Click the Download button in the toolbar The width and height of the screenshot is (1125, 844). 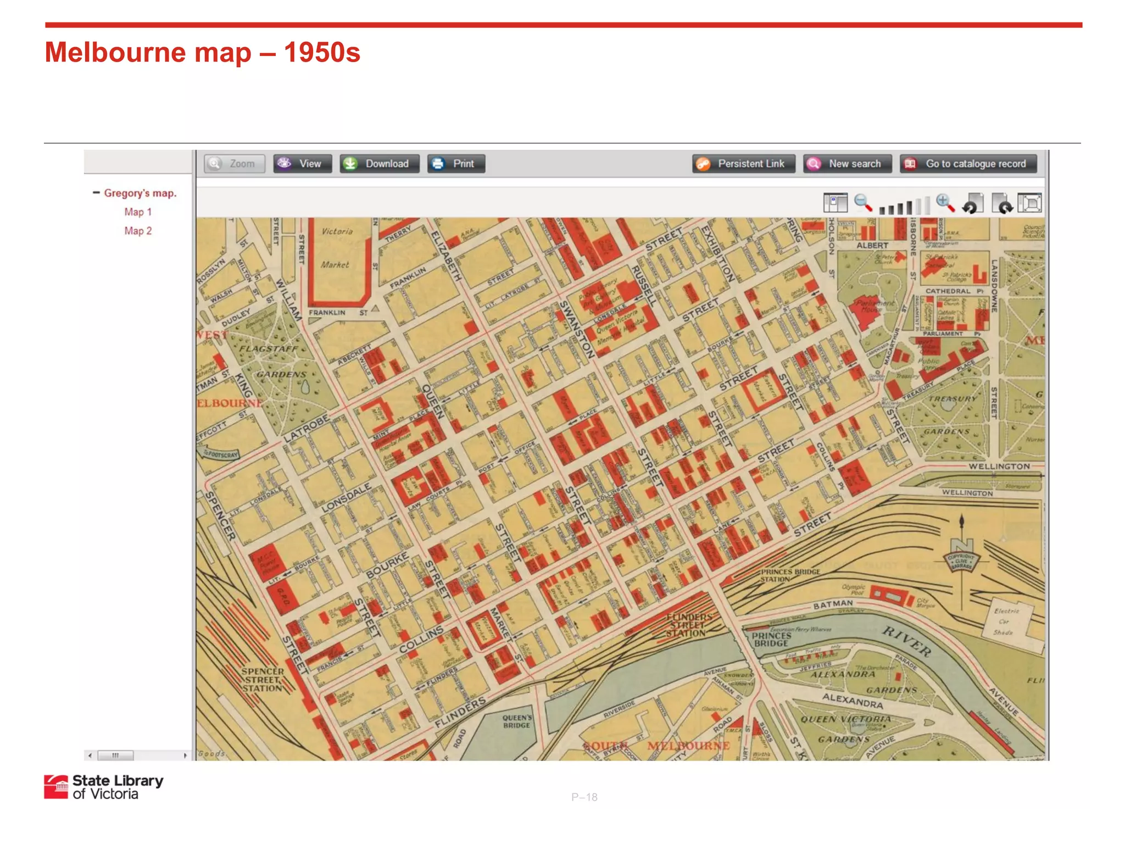(379, 164)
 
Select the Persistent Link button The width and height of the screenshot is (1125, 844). (743, 164)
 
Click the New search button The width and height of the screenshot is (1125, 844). (847, 164)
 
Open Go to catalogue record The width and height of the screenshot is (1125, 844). (968, 164)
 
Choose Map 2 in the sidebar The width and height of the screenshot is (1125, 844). (137, 231)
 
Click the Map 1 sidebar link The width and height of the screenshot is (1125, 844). (137, 212)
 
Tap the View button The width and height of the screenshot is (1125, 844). (303, 164)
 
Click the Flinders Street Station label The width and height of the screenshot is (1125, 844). (687, 625)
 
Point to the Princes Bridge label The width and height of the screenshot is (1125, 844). (771, 640)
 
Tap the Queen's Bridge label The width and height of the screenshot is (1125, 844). (517, 721)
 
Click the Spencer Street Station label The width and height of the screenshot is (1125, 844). (263, 680)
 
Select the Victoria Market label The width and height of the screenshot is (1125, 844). (336, 248)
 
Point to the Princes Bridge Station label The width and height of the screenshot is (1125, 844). (790, 575)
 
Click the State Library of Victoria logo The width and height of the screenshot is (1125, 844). (104, 787)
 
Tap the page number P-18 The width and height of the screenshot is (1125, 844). (584, 797)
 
